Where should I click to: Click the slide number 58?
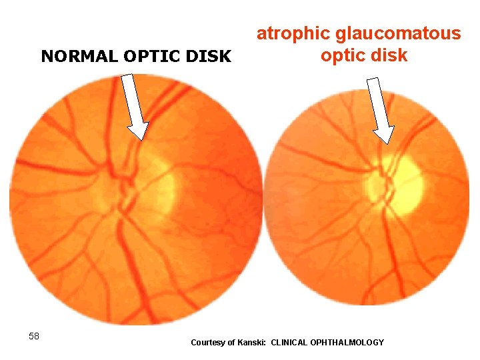(x=34, y=336)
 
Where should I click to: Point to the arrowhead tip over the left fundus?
(x=140, y=139)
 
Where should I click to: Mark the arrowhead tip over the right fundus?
(x=385, y=143)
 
